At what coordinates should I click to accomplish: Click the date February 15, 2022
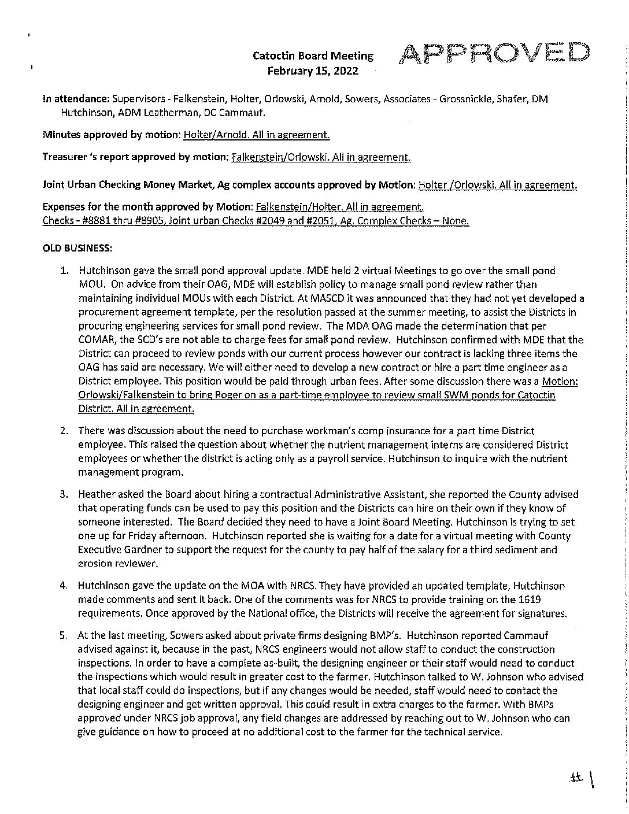312,71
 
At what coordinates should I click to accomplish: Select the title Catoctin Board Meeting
313,56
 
